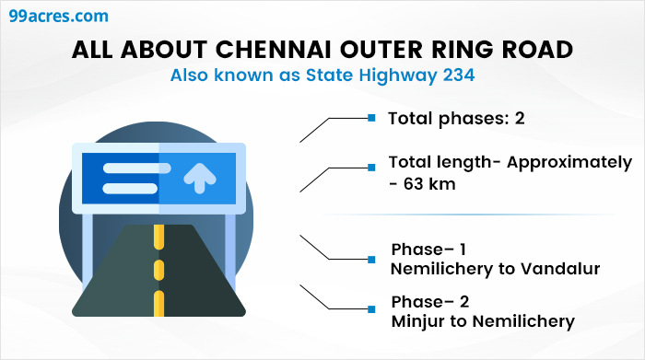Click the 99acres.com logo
tap(57, 16)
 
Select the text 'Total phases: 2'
tap(456, 118)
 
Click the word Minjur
tap(416, 320)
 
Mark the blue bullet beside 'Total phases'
tap(371, 118)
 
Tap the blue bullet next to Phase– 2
tap(371, 308)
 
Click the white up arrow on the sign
tap(197, 176)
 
